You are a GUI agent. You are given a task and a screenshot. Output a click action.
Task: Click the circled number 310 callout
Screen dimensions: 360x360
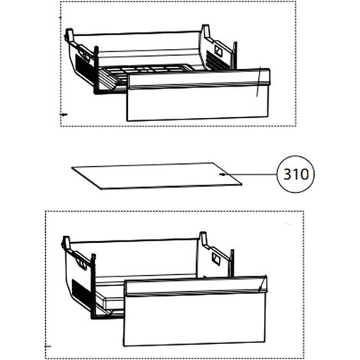coord(296,175)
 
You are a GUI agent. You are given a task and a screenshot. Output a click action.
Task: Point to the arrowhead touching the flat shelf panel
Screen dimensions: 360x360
coord(222,175)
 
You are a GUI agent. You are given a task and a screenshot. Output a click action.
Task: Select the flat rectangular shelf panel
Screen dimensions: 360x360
coord(156,176)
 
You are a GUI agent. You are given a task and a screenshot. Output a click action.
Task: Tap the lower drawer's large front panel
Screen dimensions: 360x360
coord(195,319)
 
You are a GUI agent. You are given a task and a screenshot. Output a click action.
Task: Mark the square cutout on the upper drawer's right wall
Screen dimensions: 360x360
coord(218,50)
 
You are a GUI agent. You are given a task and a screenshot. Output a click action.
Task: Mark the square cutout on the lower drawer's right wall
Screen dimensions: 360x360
coord(216,259)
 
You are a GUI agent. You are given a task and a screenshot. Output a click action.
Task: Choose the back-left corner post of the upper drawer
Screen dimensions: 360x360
coord(69,36)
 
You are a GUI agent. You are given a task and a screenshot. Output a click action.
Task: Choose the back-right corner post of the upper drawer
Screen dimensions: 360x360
coord(206,32)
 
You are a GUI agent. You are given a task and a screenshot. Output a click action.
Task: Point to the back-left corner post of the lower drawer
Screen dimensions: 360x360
coord(67,243)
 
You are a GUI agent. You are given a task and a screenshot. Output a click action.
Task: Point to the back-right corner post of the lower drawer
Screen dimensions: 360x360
coord(203,239)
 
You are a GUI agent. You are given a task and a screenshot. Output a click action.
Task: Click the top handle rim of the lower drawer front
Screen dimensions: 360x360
coord(196,286)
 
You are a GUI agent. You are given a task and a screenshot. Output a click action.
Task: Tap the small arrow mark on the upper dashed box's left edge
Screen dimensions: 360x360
coord(64,115)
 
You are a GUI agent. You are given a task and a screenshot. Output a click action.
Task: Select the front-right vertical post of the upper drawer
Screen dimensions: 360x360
coord(234,55)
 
